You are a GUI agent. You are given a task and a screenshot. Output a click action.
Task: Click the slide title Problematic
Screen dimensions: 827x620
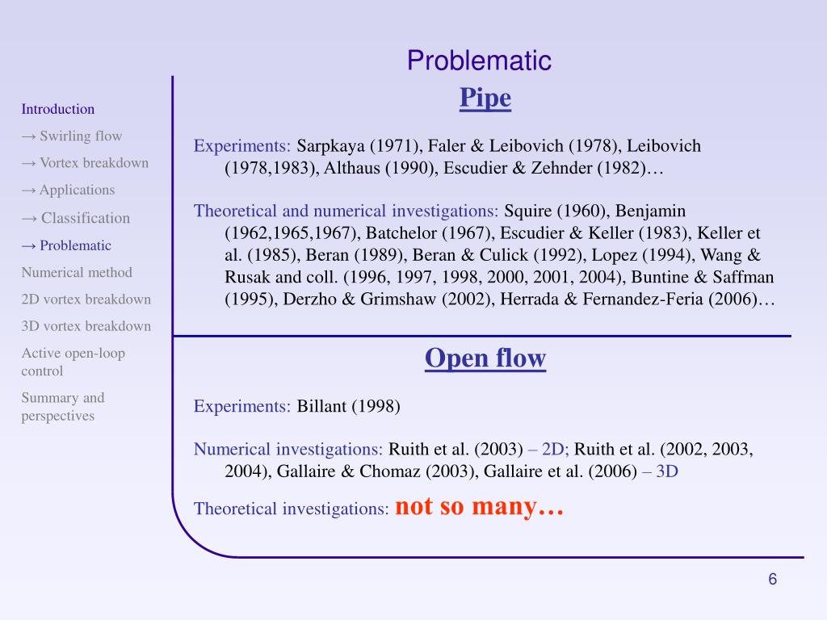[x=479, y=61]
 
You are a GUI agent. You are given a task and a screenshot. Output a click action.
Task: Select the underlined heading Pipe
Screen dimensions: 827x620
[x=485, y=98]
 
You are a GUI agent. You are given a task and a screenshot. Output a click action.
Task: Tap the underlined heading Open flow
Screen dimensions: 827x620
[x=485, y=358]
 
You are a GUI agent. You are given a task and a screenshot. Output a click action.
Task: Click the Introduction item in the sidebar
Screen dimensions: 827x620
[x=58, y=109]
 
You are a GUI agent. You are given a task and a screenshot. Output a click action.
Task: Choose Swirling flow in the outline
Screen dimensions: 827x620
[x=81, y=136]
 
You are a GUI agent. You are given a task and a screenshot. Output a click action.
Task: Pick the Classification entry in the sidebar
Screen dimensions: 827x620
[x=86, y=218]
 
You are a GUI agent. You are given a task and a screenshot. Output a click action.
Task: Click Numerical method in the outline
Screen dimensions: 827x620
[x=77, y=273]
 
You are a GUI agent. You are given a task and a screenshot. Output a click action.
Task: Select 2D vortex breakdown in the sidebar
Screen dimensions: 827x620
[x=86, y=300]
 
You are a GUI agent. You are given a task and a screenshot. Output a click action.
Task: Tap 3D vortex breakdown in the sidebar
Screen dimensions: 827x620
[x=86, y=326]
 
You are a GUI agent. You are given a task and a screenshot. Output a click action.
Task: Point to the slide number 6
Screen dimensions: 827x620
[x=772, y=579]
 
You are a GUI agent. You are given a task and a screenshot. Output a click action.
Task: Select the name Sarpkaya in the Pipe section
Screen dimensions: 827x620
[x=330, y=146]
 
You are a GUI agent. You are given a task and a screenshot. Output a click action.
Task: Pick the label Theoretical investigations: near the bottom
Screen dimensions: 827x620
[x=291, y=509]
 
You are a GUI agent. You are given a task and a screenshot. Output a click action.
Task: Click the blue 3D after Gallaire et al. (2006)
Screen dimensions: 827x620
[x=666, y=471]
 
